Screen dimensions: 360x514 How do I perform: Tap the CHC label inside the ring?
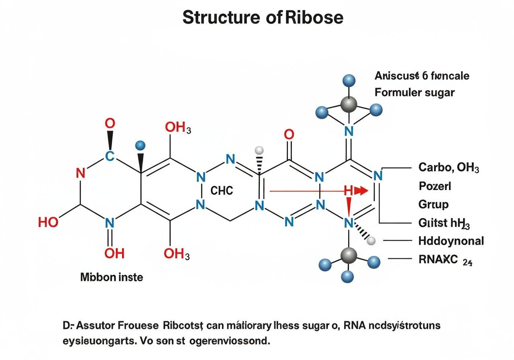(x=222, y=190)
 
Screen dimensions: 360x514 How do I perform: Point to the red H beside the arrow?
(x=348, y=191)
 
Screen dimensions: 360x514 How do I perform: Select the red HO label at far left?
(x=48, y=222)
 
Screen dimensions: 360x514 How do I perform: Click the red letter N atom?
(x=80, y=174)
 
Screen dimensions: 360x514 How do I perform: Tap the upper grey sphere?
(x=348, y=104)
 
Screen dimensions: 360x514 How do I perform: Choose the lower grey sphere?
(x=348, y=255)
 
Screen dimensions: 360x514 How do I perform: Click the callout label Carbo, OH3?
(x=449, y=167)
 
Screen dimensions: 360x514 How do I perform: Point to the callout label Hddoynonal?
(x=451, y=241)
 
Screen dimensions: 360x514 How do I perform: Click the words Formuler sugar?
(x=414, y=93)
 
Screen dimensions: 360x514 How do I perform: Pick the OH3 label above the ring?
(x=177, y=128)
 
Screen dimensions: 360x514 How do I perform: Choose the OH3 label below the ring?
(x=177, y=254)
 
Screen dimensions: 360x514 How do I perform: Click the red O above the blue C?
(x=110, y=124)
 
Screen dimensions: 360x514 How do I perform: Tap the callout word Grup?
(x=433, y=205)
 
